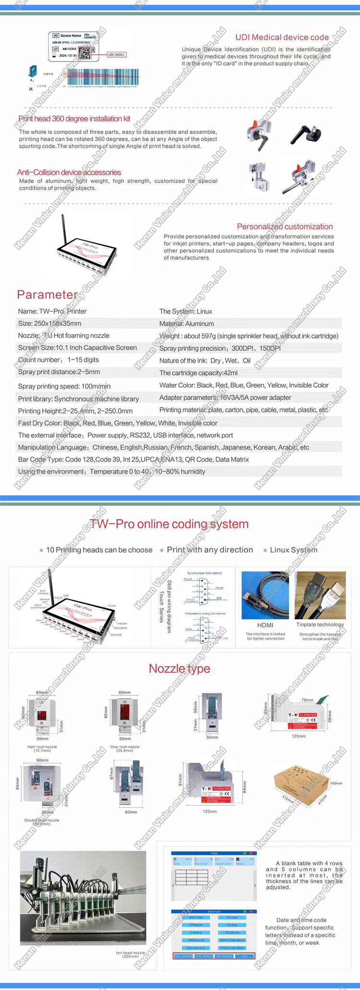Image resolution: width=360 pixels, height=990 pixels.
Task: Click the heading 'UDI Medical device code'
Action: click(x=282, y=37)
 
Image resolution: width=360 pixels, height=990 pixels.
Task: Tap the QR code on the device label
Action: click(x=84, y=52)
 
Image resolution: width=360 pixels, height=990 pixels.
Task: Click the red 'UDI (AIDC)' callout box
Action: click(x=116, y=55)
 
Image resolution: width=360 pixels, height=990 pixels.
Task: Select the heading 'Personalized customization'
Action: click(x=285, y=227)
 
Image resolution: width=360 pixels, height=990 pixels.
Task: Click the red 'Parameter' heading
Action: click(x=47, y=295)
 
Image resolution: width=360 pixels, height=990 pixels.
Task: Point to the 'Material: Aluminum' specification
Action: click(x=187, y=324)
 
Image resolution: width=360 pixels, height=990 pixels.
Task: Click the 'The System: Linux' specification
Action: click(x=186, y=311)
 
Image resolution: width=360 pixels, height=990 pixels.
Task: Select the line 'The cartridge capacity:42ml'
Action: click(x=198, y=373)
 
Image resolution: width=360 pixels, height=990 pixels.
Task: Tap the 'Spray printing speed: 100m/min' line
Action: click(x=64, y=386)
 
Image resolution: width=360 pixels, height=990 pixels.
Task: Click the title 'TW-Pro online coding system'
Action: click(x=169, y=524)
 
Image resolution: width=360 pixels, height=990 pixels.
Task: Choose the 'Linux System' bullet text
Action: click(x=293, y=550)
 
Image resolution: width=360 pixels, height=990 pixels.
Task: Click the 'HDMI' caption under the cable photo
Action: click(x=265, y=625)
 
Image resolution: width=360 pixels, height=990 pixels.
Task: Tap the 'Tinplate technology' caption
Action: click(x=320, y=624)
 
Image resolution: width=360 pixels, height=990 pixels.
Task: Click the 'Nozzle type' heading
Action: click(x=180, y=668)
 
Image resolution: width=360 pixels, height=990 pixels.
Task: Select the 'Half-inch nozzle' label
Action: click(x=42, y=747)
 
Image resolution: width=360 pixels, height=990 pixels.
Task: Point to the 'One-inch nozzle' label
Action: click(x=125, y=747)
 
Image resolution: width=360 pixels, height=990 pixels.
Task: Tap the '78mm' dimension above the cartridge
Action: click(x=307, y=700)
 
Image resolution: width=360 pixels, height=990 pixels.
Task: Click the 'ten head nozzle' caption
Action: click(x=130, y=953)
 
